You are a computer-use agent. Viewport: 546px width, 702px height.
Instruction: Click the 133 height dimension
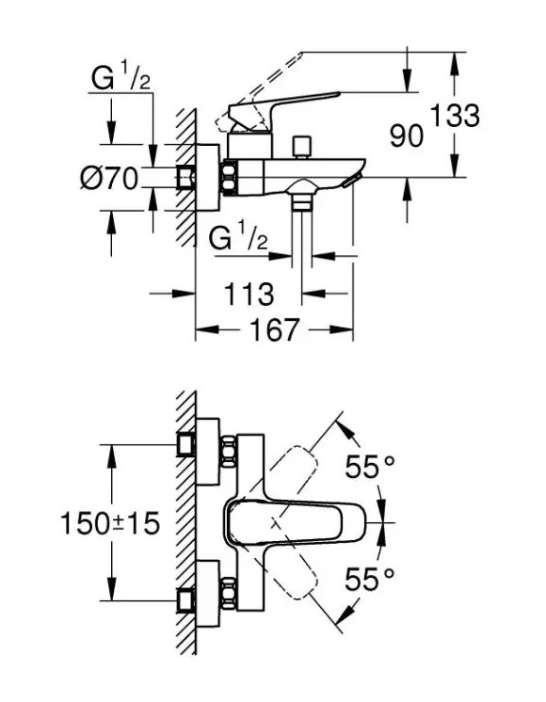456,117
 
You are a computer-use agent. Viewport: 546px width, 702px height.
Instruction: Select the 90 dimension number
407,136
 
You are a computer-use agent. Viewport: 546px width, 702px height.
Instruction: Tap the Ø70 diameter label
109,177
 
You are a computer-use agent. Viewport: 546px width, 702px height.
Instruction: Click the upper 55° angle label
367,467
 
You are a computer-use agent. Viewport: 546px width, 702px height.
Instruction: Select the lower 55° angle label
367,578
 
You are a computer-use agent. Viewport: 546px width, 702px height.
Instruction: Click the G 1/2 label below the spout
239,239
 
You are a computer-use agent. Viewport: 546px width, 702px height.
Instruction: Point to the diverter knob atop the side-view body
301,146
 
